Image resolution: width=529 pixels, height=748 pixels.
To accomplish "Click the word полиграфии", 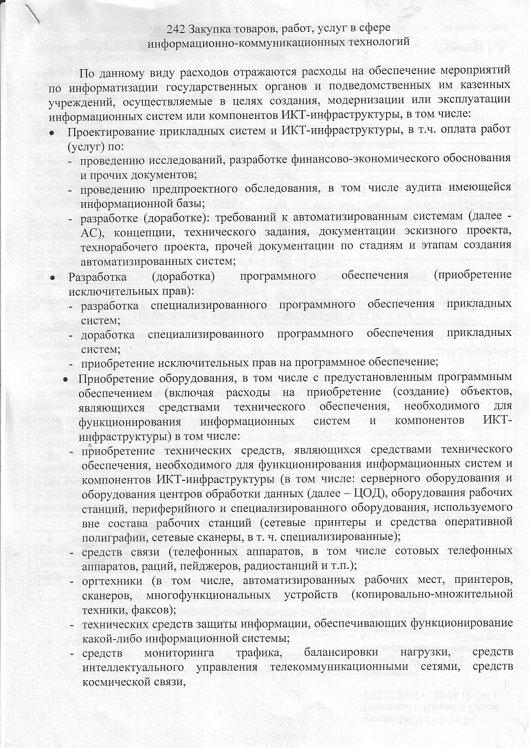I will coord(107,535).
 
